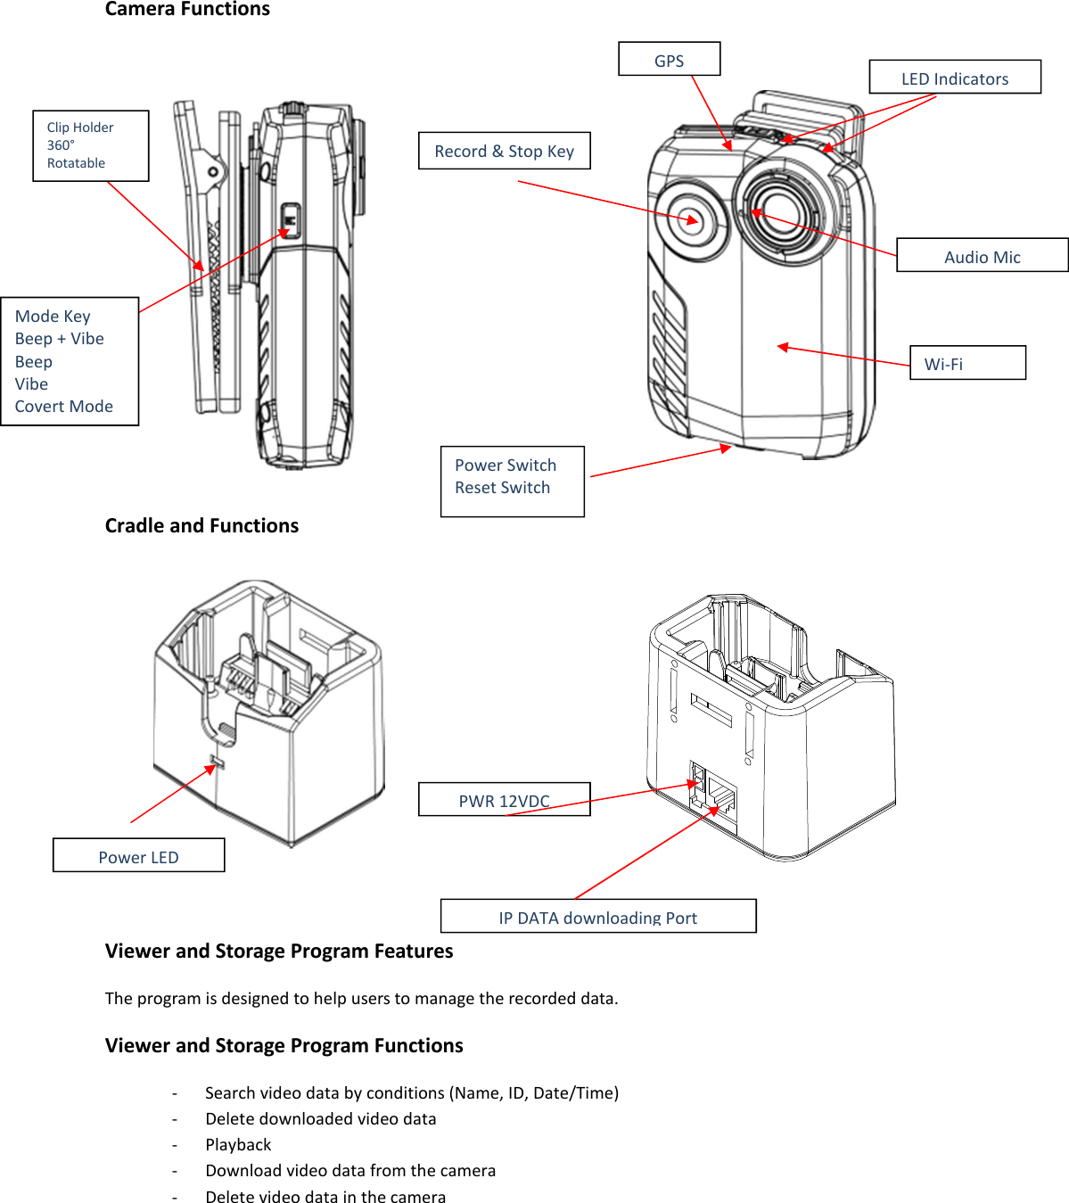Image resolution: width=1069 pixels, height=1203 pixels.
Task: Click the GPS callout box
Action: click(669, 60)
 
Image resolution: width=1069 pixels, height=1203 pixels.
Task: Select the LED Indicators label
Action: click(954, 78)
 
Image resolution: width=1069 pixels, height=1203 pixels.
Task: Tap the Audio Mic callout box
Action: click(982, 256)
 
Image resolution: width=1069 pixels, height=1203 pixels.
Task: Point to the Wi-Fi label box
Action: click(966, 363)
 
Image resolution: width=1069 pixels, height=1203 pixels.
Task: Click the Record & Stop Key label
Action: click(504, 151)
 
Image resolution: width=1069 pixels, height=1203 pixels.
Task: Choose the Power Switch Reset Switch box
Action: click(512, 481)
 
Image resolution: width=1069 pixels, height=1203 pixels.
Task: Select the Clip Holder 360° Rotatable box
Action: click(90, 145)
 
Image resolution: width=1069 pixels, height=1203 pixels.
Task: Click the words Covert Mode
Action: click(64, 407)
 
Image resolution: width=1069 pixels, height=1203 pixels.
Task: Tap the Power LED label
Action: click(138, 856)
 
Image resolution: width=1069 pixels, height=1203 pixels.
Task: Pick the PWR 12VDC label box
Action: click(504, 800)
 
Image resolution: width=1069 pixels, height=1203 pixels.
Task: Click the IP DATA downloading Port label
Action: click(597, 917)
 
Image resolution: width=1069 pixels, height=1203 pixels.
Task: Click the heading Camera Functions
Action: click(187, 10)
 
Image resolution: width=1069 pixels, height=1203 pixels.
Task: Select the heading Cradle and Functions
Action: click(201, 525)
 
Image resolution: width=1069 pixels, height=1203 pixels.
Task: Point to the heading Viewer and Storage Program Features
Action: click(279, 951)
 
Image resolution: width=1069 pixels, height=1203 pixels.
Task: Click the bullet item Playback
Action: click(238, 1144)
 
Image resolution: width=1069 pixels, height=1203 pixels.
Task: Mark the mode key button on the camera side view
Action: click(291, 218)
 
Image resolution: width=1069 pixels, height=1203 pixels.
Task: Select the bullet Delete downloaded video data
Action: click(321, 1118)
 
